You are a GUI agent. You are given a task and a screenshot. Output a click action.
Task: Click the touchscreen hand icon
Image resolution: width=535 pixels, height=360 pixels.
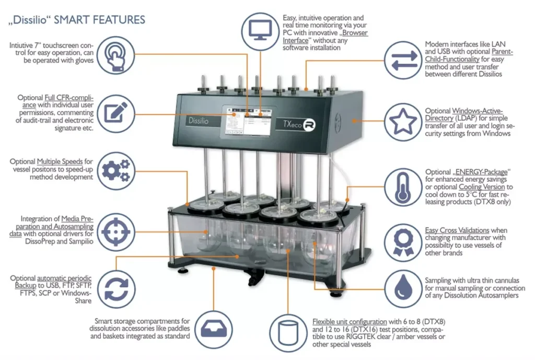coord(115,55)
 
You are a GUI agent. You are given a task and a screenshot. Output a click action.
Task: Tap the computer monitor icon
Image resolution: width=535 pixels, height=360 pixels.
coord(260,31)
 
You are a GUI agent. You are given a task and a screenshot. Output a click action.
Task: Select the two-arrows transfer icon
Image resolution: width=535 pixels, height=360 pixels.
coord(403,61)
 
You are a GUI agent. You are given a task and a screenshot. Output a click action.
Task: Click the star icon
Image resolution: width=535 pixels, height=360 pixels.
coord(403,122)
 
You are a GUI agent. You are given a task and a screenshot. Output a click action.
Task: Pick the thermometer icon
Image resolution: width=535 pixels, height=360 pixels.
coord(403,187)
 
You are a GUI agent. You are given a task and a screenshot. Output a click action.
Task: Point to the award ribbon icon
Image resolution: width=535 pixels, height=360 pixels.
coord(403,242)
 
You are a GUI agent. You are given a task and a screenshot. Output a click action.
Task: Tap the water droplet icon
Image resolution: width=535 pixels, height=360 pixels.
coord(403,289)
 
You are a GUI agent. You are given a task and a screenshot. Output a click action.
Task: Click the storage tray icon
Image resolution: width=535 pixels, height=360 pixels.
coord(214,329)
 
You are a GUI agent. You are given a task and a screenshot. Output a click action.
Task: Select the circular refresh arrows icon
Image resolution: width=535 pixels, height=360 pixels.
coord(116,289)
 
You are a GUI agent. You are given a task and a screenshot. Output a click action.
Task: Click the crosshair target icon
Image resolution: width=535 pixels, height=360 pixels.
coord(115,232)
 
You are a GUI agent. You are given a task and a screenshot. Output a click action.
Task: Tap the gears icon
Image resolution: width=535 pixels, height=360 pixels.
coord(116,171)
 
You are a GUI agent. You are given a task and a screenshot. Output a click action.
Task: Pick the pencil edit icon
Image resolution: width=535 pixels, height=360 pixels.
coord(115,113)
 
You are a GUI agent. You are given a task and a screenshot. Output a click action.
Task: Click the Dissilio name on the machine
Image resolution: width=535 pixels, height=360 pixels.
coord(199,121)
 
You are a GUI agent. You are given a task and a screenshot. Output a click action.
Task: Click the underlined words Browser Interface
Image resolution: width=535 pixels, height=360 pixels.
coord(325,37)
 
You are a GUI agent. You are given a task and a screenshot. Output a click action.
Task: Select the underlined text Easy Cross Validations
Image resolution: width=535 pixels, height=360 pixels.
coord(457,230)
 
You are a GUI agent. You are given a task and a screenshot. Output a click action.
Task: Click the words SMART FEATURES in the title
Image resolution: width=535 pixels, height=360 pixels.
coord(100,20)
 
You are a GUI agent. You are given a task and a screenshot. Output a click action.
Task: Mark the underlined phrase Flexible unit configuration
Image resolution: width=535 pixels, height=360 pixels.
coord(350,322)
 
